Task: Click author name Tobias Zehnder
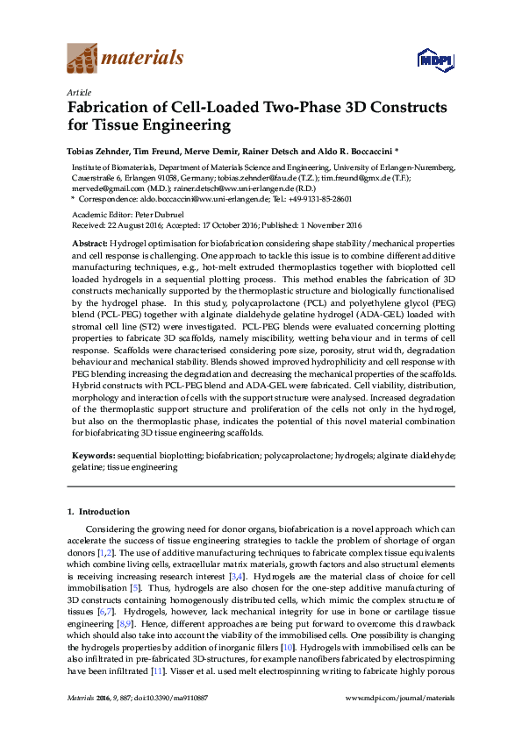tap(99, 150)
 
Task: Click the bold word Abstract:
tap(89, 241)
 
